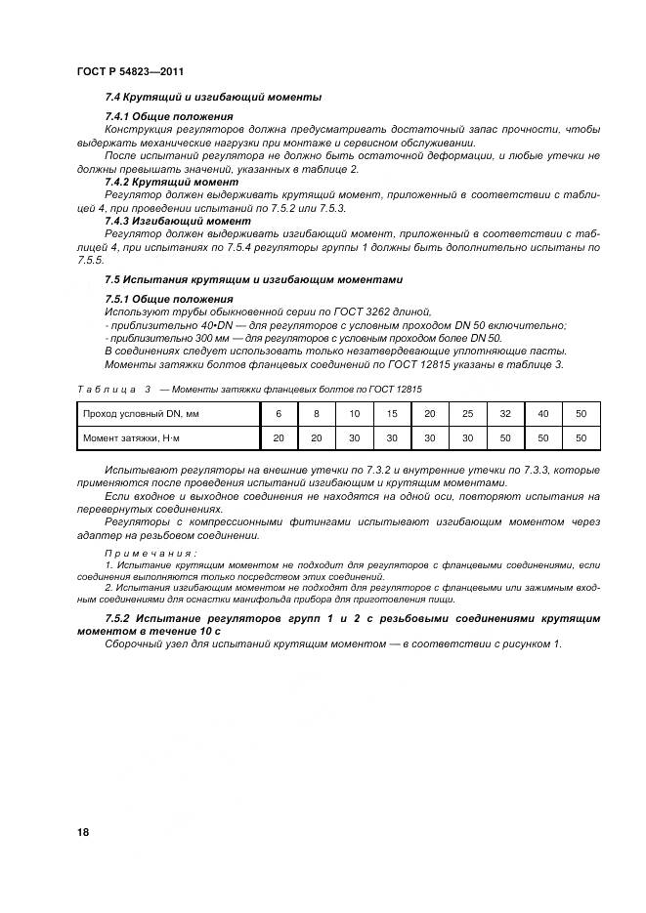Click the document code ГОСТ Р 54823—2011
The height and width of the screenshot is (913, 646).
tap(130, 73)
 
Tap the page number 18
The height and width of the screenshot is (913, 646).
tap(83, 832)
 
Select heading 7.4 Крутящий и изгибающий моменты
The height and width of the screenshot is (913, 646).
tap(213, 97)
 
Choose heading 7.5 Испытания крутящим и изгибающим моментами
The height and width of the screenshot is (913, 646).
tap(253, 278)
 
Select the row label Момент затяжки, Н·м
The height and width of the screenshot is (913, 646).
tap(130, 438)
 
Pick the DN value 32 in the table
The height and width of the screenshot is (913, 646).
tap(505, 414)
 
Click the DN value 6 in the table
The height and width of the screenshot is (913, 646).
tap(279, 414)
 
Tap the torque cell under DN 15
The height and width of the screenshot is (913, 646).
tap(392, 438)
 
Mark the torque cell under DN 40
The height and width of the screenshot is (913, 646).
tap(543, 438)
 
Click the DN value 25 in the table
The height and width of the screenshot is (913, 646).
tap(467, 414)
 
